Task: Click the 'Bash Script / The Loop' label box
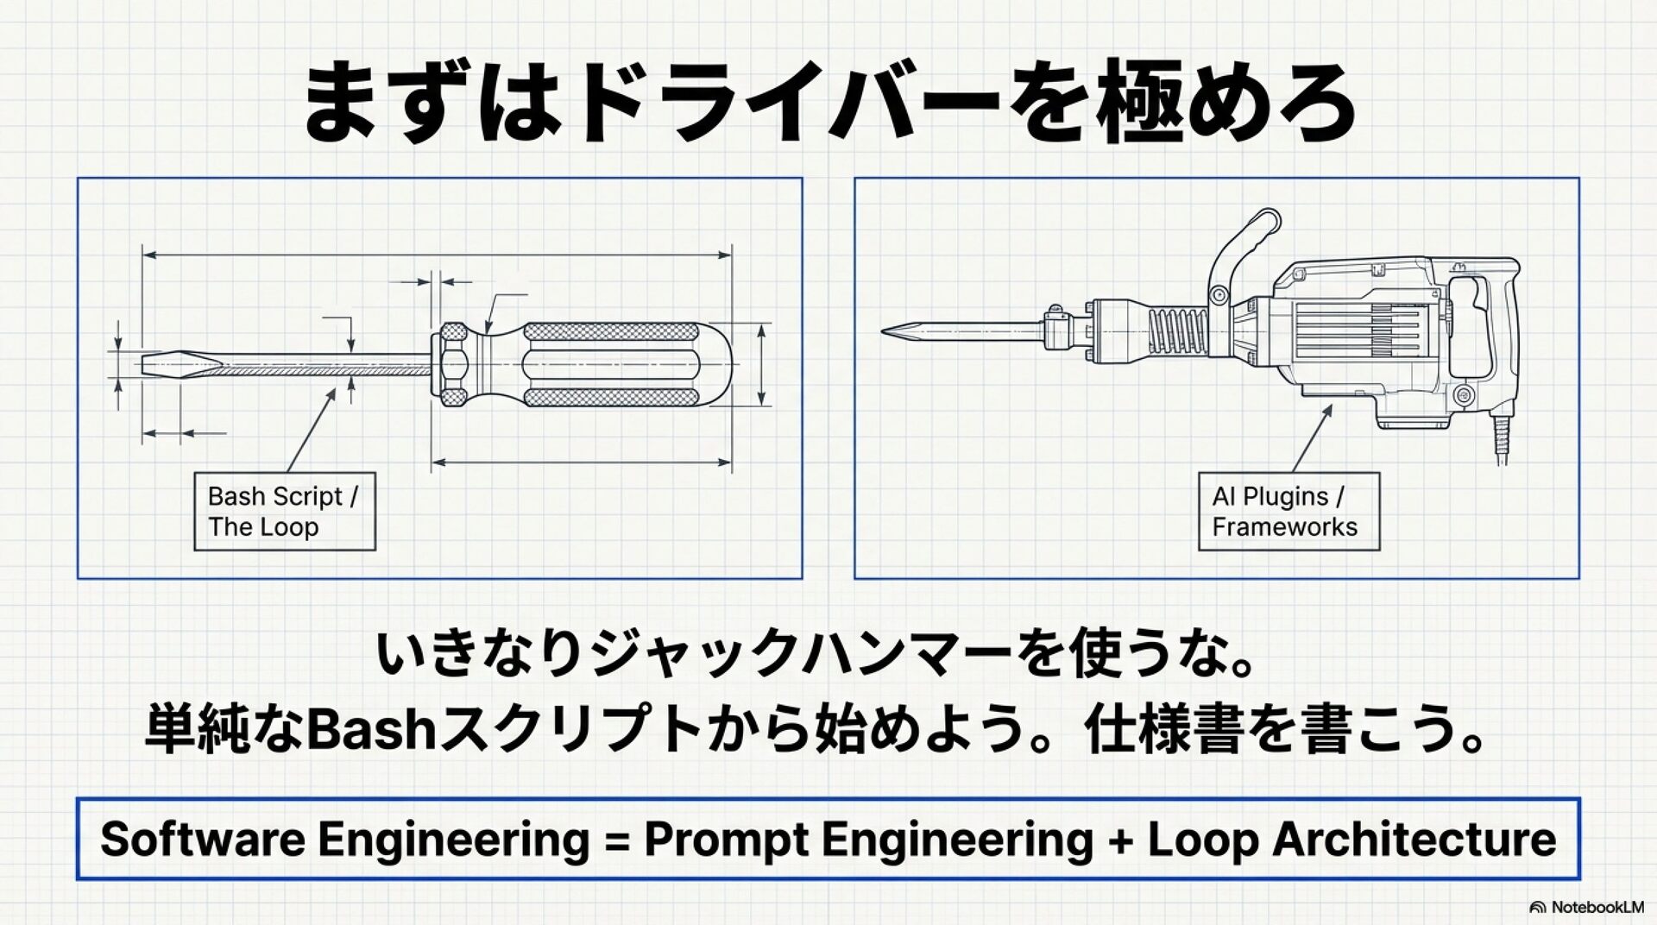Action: coord(285,511)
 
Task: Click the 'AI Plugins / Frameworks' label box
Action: coord(1288,511)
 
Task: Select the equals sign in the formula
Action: coord(616,840)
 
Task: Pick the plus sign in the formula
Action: coord(1120,840)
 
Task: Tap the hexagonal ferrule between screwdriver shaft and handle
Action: coord(452,365)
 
